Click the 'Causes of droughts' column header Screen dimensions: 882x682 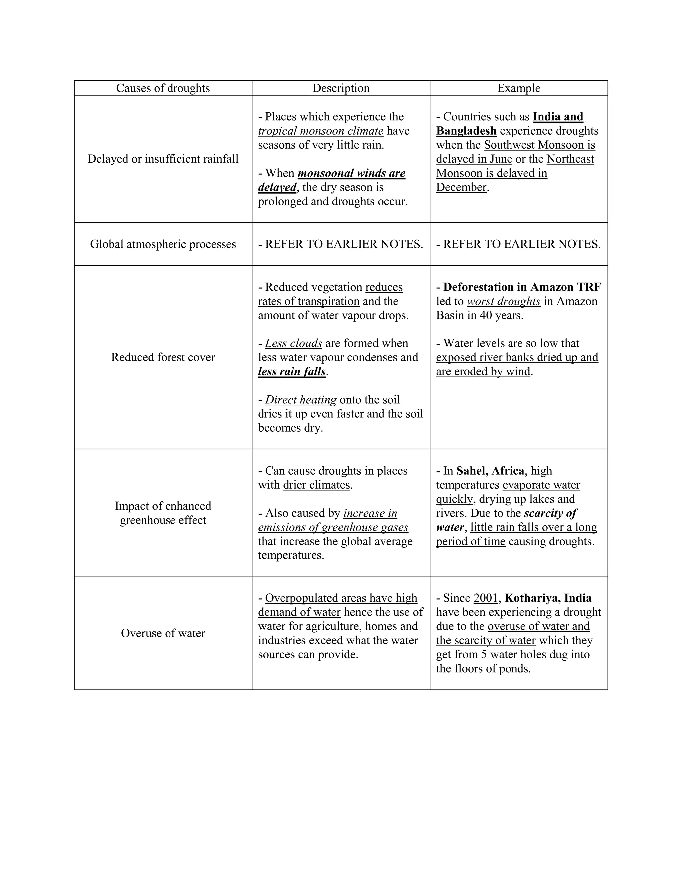(x=163, y=88)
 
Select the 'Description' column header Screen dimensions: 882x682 (x=341, y=88)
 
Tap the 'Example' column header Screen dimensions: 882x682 (x=518, y=88)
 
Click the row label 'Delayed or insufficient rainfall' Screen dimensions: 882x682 (x=163, y=159)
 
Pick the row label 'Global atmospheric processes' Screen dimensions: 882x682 (x=163, y=244)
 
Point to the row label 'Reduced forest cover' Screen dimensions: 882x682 (x=163, y=357)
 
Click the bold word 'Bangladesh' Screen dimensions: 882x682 (x=466, y=131)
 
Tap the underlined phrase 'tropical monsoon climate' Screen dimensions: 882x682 (x=320, y=131)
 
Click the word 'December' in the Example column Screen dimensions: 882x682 (x=461, y=187)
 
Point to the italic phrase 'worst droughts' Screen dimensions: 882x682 (x=504, y=301)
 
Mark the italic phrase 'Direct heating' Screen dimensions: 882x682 (x=301, y=400)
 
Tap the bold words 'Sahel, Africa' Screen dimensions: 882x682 (x=490, y=471)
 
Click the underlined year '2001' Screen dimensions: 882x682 (x=485, y=598)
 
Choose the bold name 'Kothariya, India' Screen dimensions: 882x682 (x=548, y=598)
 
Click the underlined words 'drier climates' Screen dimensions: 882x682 (x=316, y=485)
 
